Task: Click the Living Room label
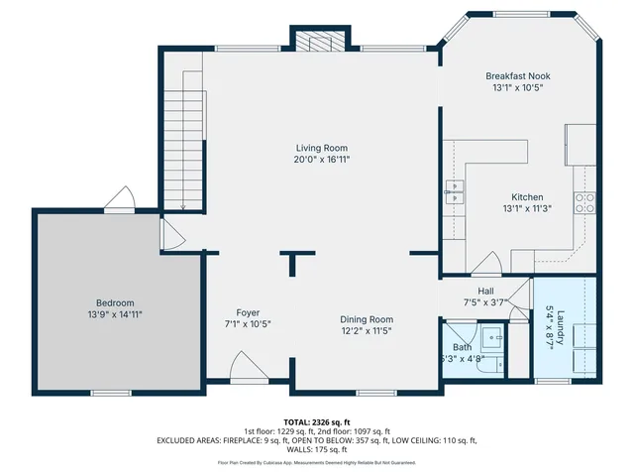[322, 147]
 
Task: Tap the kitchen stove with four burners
[585, 202]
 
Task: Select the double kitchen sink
[456, 190]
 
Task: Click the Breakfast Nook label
[517, 75]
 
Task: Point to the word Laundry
[560, 328]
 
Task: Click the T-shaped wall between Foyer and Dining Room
[292, 262]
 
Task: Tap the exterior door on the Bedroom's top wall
[122, 200]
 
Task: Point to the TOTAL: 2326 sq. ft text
[316, 421]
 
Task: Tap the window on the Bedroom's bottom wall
[97, 393]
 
